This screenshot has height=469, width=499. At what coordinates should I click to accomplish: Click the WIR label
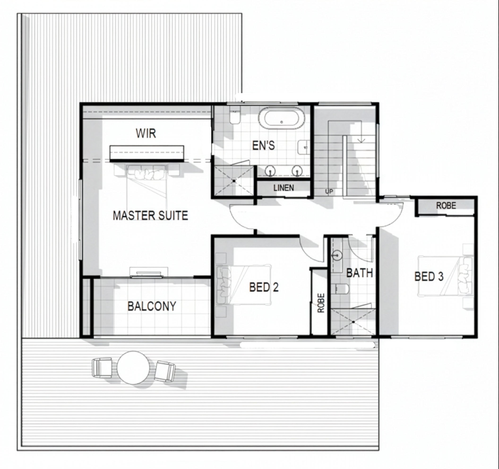(x=146, y=133)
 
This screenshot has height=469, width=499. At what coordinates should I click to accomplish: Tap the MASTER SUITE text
(x=150, y=215)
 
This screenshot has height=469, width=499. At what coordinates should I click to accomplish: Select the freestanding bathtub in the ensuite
(x=282, y=118)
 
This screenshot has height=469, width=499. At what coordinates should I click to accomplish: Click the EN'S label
(x=263, y=146)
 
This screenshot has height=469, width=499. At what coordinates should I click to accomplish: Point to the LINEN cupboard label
(x=284, y=188)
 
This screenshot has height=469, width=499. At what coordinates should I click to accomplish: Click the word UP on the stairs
(x=329, y=191)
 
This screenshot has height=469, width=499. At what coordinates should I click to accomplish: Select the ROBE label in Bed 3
(x=446, y=206)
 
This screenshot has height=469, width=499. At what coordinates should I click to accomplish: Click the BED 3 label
(x=429, y=276)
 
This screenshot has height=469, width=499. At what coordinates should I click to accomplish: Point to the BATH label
(x=359, y=273)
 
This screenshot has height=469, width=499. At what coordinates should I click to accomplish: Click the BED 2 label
(x=264, y=287)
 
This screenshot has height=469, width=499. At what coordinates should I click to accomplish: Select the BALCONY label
(x=152, y=306)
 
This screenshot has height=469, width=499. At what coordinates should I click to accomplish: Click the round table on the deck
(x=133, y=368)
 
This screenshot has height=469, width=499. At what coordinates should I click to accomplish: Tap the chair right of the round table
(x=165, y=371)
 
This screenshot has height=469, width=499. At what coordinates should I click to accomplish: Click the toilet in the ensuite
(x=235, y=117)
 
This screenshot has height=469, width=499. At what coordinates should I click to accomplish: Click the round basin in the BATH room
(x=337, y=256)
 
